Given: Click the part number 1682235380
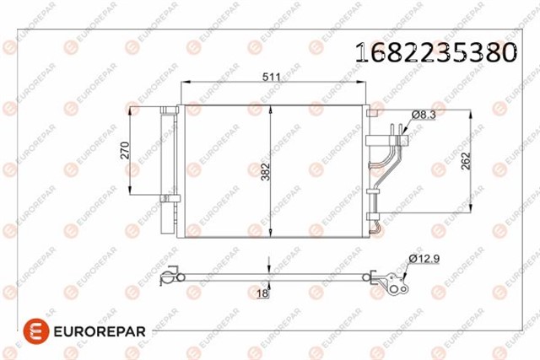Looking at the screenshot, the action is (436, 52).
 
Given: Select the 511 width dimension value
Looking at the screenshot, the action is (272, 77).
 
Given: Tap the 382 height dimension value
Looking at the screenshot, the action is (265, 172).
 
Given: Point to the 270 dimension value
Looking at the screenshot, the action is (125, 150).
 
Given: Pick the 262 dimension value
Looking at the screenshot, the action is (466, 161).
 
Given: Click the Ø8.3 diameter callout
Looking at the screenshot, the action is (424, 115).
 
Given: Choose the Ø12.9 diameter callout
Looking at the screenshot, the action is (424, 259).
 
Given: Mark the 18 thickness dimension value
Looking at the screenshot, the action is (262, 293).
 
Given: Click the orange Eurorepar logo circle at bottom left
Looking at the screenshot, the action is (36, 331).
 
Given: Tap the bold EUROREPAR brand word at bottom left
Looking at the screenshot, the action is (100, 332).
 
